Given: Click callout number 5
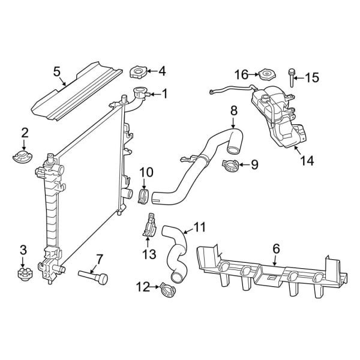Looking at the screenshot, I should click(x=57, y=72).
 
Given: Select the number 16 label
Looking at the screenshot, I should click(x=241, y=74).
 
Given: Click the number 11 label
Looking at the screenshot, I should click(x=199, y=227).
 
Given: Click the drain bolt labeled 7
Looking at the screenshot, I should click(x=94, y=276).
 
